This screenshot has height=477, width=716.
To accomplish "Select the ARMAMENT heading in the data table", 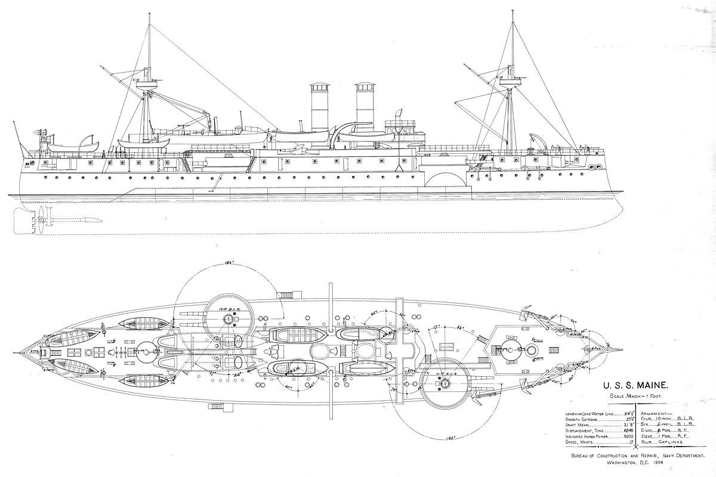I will point(656,413).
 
